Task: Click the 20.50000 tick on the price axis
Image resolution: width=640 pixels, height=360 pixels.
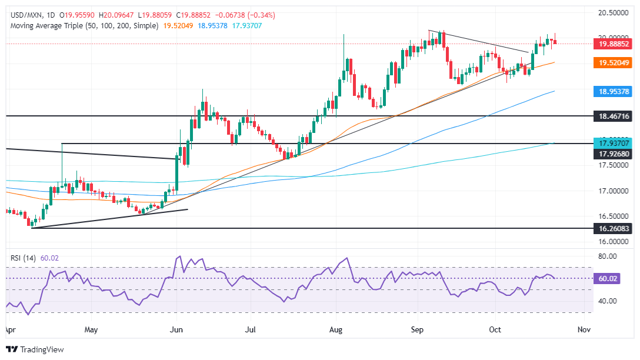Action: [614, 12]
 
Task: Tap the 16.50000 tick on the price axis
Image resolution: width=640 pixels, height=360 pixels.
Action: [614, 216]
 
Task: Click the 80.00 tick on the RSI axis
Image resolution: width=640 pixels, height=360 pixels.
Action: [606, 256]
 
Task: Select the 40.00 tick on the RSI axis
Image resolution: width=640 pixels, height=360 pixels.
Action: [606, 301]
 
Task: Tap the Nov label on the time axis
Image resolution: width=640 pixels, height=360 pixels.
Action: [584, 329]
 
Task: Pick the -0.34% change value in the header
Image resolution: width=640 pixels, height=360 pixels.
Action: [262, 15]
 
